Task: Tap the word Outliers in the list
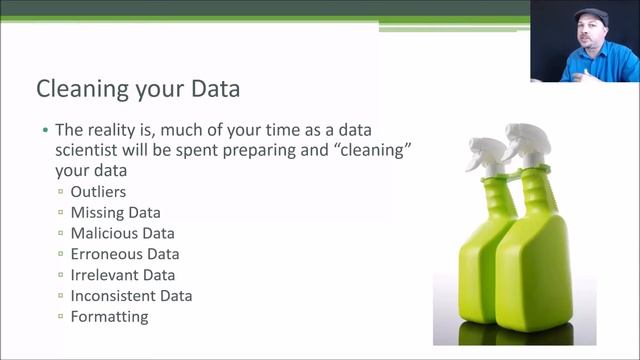(98, 191)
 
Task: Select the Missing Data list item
(115, 212)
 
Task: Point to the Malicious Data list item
(122, 233)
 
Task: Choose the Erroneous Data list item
(125, 254)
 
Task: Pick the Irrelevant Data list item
(122, 275)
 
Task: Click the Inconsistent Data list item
(131, 296)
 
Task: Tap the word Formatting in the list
(109, 317)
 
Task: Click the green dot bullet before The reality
(44, 131)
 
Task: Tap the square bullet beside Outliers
(61, 191)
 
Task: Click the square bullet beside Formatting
(61, 317)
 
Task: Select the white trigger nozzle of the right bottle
(524, 141)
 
